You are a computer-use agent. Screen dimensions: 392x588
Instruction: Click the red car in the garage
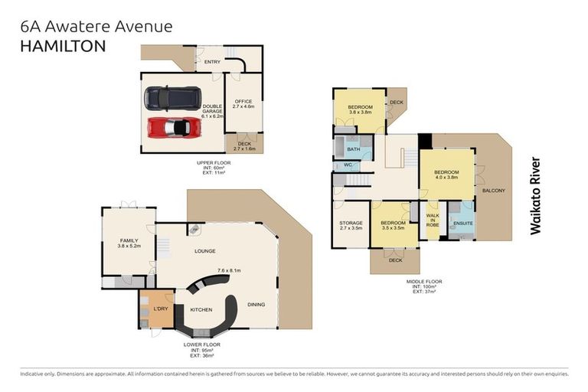174,127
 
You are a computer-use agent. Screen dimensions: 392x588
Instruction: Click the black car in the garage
173,98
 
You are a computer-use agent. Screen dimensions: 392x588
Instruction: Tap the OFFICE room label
243,102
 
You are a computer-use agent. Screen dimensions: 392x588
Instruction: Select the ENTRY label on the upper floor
212,62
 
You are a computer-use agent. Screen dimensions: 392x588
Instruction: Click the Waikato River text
535,195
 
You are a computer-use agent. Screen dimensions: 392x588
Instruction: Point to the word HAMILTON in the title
62,45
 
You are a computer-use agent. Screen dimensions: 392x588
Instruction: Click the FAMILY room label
129,240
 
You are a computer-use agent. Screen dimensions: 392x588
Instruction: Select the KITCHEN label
201,310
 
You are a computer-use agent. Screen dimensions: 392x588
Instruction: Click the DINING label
256,305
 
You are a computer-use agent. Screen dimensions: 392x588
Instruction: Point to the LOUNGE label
204,251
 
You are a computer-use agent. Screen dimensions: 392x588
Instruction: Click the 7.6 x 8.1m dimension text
229,270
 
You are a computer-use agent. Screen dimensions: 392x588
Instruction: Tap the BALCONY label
493,191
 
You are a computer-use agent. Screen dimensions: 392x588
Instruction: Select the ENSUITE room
462,224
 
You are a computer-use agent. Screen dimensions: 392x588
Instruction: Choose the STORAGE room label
351,223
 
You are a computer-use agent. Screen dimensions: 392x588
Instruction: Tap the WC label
346,165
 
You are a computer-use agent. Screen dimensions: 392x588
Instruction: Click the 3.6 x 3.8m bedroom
360,109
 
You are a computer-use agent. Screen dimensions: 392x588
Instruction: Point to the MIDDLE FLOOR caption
423,282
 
